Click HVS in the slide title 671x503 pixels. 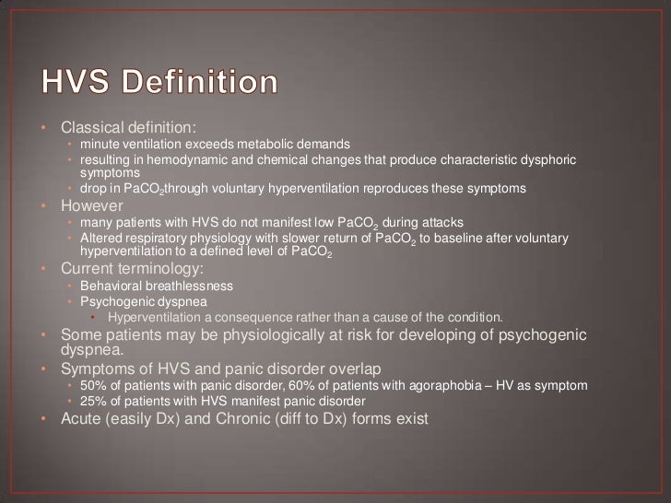tap(72, 84)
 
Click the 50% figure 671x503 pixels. tap(93, 384)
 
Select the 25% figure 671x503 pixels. tap(93, 401)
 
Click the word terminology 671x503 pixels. tap(159, 269)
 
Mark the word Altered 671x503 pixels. tap(100, 239)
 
